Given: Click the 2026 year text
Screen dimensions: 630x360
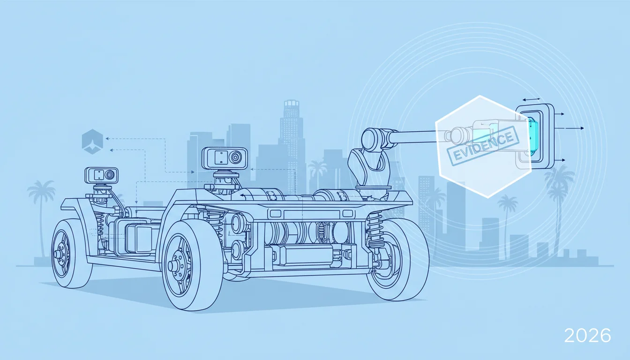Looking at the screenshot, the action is point(587,336).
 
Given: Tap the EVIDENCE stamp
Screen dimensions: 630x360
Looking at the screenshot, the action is point(482,145).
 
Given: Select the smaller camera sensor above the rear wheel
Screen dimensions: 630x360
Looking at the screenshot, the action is point(101,175).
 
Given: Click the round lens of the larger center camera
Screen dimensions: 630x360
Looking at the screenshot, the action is point(236,157).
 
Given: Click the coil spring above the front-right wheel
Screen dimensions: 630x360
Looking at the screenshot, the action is point(375,229).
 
